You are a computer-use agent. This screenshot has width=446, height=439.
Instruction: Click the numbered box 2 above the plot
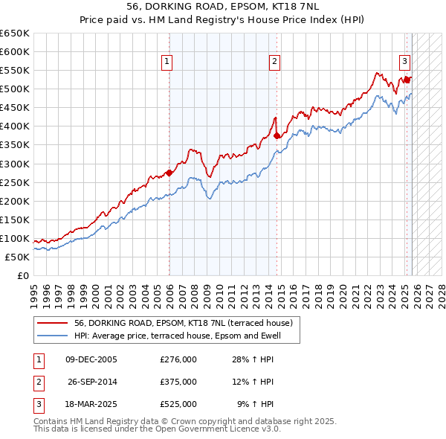(274, 62)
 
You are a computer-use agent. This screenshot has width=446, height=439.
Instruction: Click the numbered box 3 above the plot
(404, 62)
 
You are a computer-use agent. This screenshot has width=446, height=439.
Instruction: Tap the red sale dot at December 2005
(169, 173)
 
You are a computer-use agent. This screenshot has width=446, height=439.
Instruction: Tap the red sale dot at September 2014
(277, 135)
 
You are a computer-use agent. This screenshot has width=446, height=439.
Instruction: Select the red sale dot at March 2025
(407, 80)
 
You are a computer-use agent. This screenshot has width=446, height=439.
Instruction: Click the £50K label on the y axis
(17, 257)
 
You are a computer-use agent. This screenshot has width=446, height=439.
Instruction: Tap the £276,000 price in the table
(178, 359)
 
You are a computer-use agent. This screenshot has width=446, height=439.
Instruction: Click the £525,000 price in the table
(178, 404)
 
